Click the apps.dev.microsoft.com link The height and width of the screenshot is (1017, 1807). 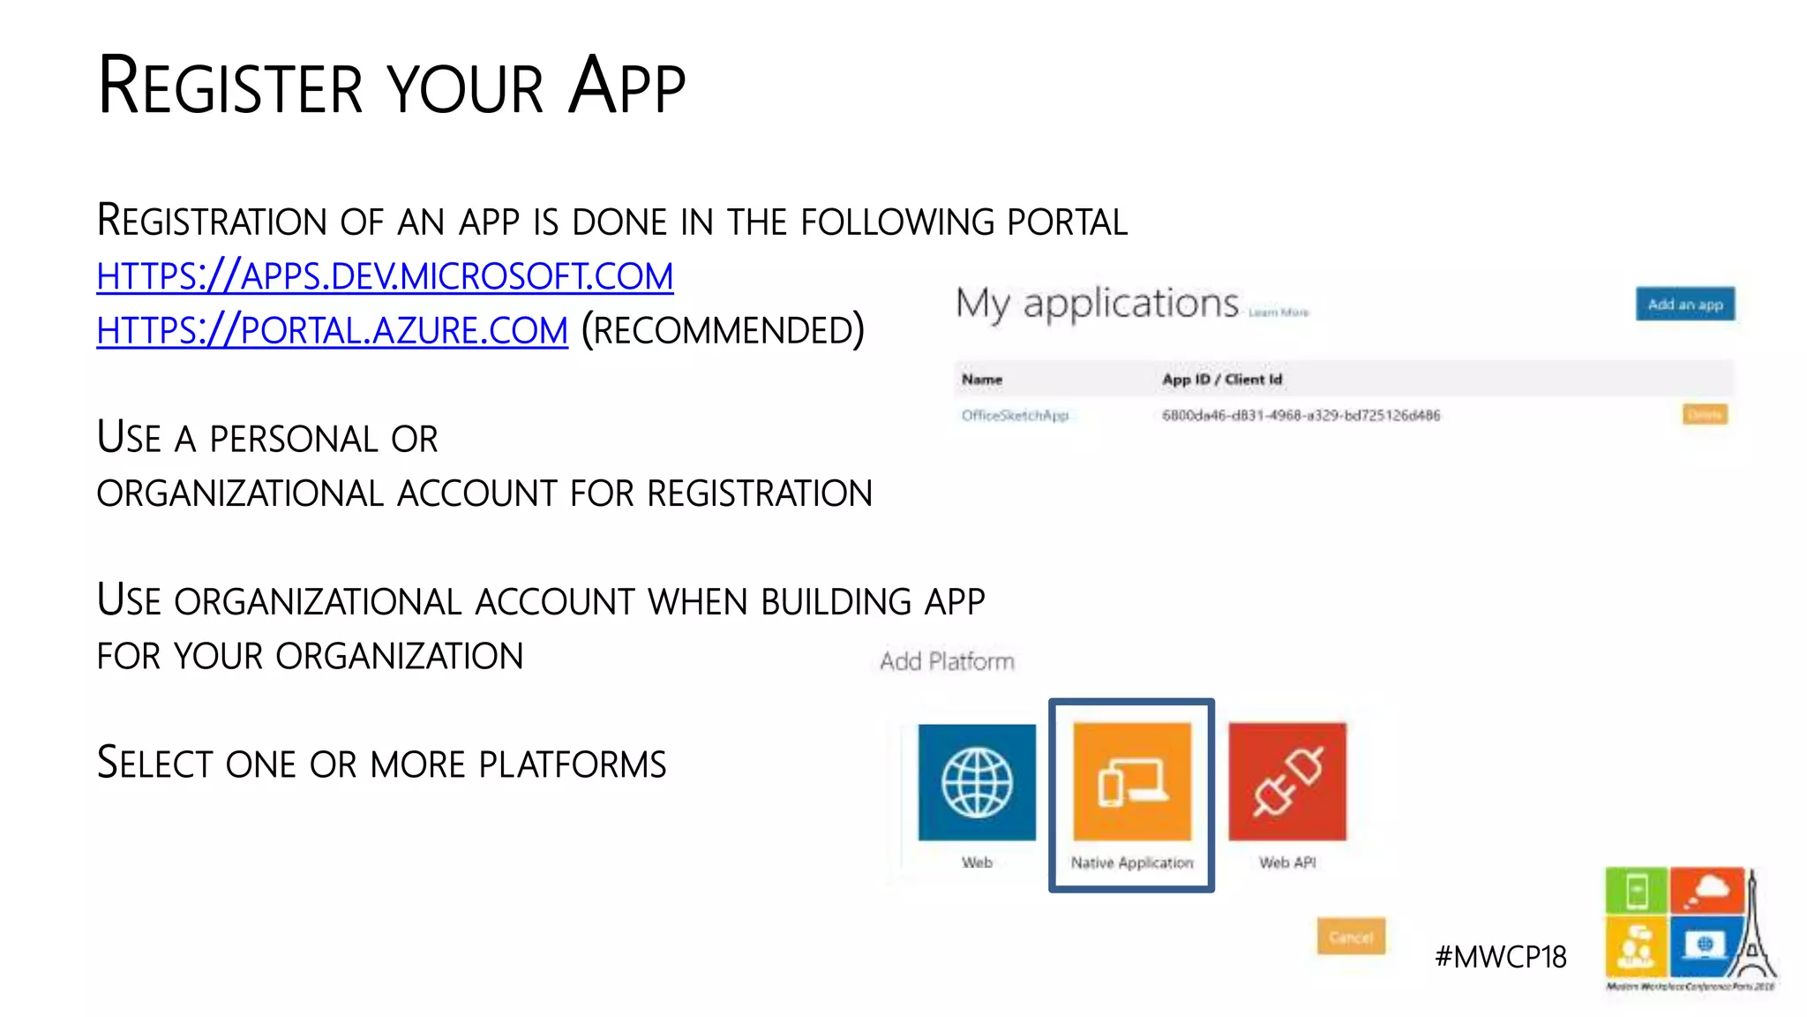pyautogui.click(x=385, y=276)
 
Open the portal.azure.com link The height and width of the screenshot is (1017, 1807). pyautogui.click(x=332, y=331)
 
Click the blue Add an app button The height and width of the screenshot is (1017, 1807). pyautogui.click(x=1684, y=305)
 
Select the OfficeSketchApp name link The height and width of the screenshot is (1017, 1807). pyautogui.click(x=1015, y=416)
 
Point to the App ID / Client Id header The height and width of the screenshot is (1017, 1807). pyautogui.click(x=1222, y=380)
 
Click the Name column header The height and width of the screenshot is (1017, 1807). pyautogui.click(x=982, y=380)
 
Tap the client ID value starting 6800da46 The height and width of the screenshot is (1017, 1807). pyautogui.click(x=1301, y=416)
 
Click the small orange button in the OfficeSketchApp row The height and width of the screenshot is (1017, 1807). pyautogui.click(x=1704, y=415)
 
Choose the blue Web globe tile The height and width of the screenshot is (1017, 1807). pyautogui.click(x=977, y=782)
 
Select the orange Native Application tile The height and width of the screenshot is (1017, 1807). pyautogui.click(x=1132, y=782)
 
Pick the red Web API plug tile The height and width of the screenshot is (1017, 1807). pyautogui.click(x=1287, y=782)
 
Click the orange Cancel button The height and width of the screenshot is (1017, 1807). pyautogui.click(x=1351, y=937)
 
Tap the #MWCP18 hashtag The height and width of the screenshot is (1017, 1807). pyautogui.click(x=1500, y=957)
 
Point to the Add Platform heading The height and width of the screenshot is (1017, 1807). pyautogui.click(x=947, y=661)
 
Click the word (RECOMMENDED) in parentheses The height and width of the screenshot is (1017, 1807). pyautogui.click(x=723, y=331)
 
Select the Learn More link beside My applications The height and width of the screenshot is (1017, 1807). pyautogui.click(x=1278, y=313)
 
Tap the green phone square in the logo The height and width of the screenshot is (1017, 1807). pyautogui.click(x=1636, y=891)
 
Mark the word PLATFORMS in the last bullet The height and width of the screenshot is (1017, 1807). pyautogui.click(x=573, y=765)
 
